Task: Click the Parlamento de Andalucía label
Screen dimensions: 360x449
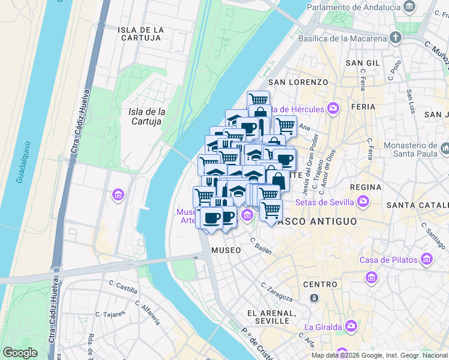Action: click(x=354, y=7)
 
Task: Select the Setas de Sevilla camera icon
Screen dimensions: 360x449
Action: click(x=363, y=201)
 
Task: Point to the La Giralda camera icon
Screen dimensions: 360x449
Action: click(x=351, y=326)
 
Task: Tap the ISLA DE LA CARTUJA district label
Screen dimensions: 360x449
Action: click(x=140, y=34)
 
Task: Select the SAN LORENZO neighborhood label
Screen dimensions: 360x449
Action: click(x=298, y=82)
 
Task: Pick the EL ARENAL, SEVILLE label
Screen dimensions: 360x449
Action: click(x=272, y=317)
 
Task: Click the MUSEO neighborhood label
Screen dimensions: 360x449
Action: click(x=226, y=250)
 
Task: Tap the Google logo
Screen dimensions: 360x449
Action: click(x=19, y=353)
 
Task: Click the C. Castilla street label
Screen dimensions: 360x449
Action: click(x=123, y=285)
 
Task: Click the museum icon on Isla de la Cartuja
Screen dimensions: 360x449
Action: click(x=118, y=195)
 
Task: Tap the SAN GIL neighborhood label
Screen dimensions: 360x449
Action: click(x=363, y=62)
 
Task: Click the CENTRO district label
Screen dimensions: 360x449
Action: click(x=320, y=284)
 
